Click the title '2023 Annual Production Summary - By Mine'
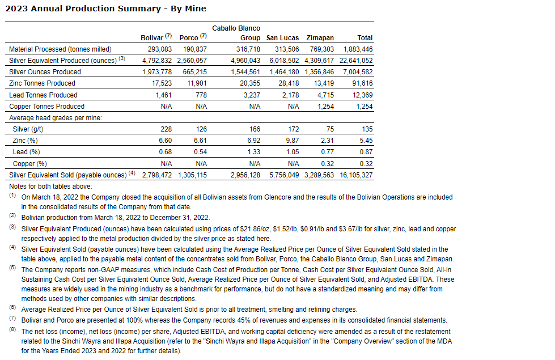(106, 9)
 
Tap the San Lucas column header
(282, 38)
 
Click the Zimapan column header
(320, 38)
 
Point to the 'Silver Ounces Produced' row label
(45, 72)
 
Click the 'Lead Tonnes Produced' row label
(43, 95)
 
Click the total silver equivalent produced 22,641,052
(355, 61)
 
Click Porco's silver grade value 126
(201, 129)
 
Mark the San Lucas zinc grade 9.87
(291, 141)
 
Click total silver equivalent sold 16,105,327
(355, 175)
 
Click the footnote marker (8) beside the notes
(12, 330)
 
